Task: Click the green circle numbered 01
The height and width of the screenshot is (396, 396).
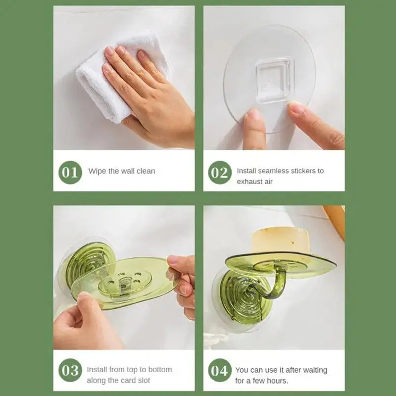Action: pyautogui.click(x=70, y=172)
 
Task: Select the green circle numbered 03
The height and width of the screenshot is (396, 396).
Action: pyautogui.click(x=70, y=370)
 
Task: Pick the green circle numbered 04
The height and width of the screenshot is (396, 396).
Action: pyautogui.click(x=219, y=370)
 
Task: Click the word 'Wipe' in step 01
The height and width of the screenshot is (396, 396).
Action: pyautogui.click(x=97, y=171)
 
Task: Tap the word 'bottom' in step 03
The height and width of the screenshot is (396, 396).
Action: pyautogui.click(x=160, y=370)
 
